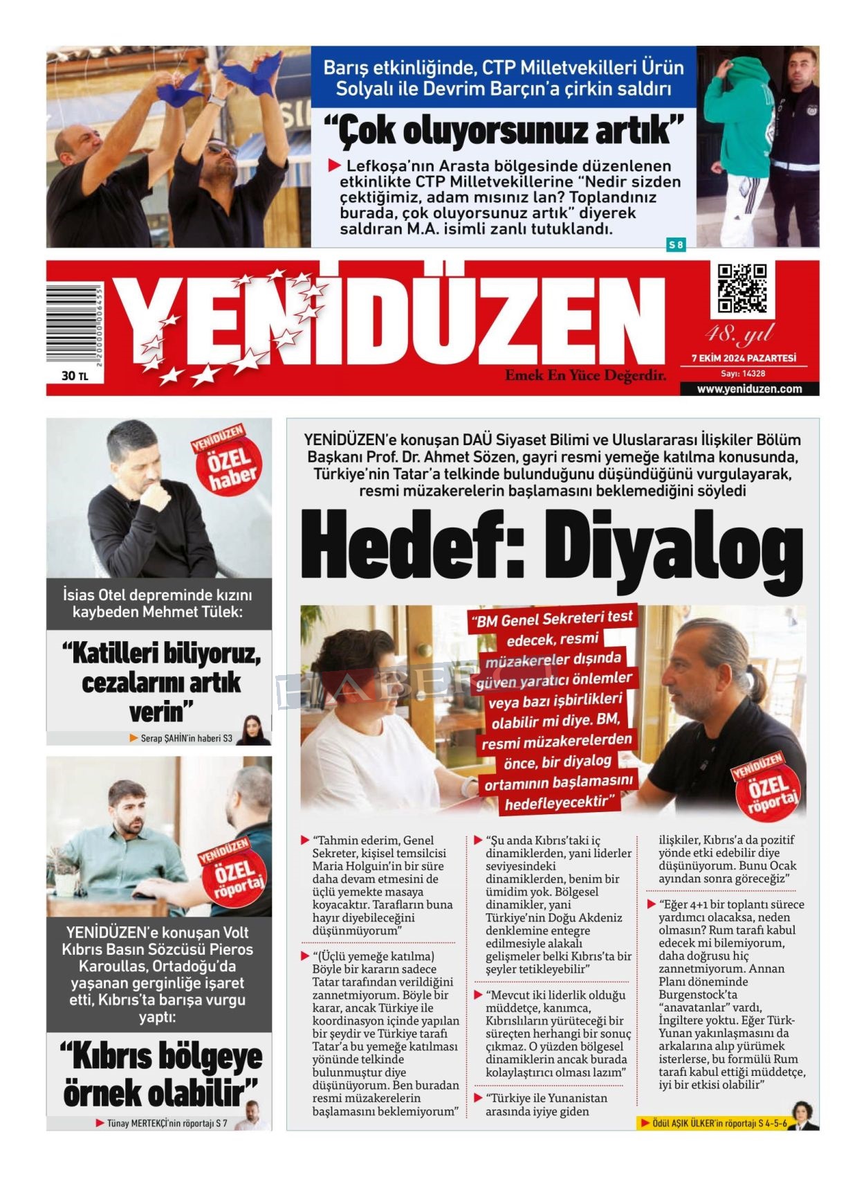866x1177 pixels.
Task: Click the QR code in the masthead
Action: tap(741, 288)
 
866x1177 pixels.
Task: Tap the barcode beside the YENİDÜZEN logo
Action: tap(74, 324)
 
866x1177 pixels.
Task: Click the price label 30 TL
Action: tap(75, 375)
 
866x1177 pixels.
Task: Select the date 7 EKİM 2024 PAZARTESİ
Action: tap(744, 358)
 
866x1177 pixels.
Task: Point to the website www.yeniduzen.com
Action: tap(749, 388)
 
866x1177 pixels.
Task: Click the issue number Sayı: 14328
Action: tap(743, 373)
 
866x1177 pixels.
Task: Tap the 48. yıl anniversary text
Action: tap(739, 334)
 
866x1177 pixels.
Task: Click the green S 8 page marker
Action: tap(676, 244)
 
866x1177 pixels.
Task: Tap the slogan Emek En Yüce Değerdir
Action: tap(585, 375)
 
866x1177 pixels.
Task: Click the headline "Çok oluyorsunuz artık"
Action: tap(504, 131)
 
